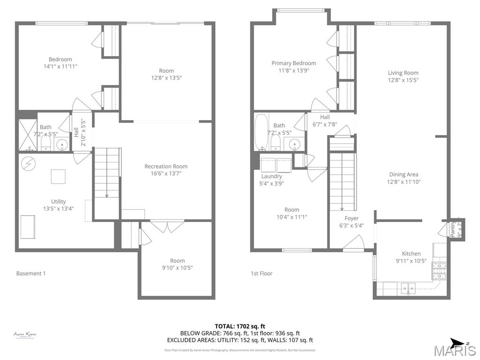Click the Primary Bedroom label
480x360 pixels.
pos(293,63)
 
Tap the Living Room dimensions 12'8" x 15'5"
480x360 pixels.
pos(403,80)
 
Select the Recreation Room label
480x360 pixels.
pos(165,166)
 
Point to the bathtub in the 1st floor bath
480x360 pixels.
pos(261,132)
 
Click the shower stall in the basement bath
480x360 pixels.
pos(27,135)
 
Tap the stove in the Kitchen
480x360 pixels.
pos(439,270)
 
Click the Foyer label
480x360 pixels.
pos(351,218)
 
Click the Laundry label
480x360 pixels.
pos(271,176)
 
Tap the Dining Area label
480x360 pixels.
pos(403,175)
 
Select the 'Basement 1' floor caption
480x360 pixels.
pos(31,273)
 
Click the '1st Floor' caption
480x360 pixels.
pos(262,273)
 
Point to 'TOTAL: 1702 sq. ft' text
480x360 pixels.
pos(240,326)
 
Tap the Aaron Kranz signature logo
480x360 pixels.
pos(25,335)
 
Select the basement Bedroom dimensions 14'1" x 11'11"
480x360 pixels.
pos(60,67)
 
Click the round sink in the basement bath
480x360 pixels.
pos(62,144)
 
